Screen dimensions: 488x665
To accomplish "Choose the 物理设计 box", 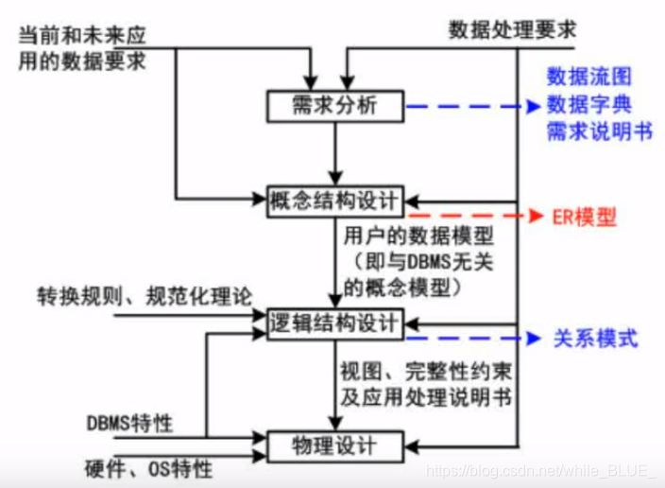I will pyautogui.click(x=335, y=444).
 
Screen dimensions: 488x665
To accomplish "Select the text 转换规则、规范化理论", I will pyautogui.click(x=145, y=295).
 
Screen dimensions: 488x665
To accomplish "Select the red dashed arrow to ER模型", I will pyautogui.click(x=472, y=217).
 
